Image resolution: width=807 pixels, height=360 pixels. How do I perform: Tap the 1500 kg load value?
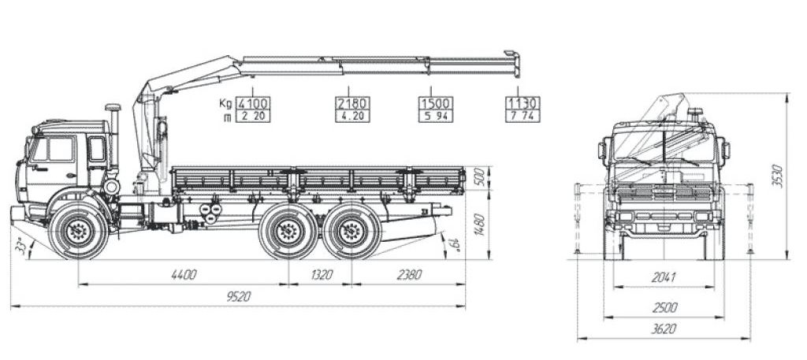(436, 103)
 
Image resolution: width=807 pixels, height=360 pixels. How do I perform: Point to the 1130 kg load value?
(523, 103)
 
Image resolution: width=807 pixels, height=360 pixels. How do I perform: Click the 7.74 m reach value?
(523, 116)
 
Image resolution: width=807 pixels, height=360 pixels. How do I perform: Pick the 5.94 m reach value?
(436, 116)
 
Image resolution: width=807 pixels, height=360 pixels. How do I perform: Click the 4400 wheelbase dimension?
(184, 275)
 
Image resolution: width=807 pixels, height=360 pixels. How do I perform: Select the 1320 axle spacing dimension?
(321, 275)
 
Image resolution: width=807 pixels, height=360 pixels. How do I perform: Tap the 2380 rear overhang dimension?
(409, 275)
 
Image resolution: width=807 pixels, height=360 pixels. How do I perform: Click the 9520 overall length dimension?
(238, 297)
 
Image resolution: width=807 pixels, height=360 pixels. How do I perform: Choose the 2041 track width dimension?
(664, 278)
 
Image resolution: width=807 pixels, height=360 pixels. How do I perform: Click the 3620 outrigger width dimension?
(664, 328)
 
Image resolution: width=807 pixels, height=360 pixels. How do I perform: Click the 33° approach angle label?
(21, 247)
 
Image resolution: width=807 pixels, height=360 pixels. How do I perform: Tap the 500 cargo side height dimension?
(478, 178)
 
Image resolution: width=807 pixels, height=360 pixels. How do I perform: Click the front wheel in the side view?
(78, 232)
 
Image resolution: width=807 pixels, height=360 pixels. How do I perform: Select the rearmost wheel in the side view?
(351, 232)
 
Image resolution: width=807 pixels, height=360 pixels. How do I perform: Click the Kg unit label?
(225, 103)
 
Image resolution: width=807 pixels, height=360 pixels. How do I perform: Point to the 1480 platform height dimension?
(478, 225)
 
